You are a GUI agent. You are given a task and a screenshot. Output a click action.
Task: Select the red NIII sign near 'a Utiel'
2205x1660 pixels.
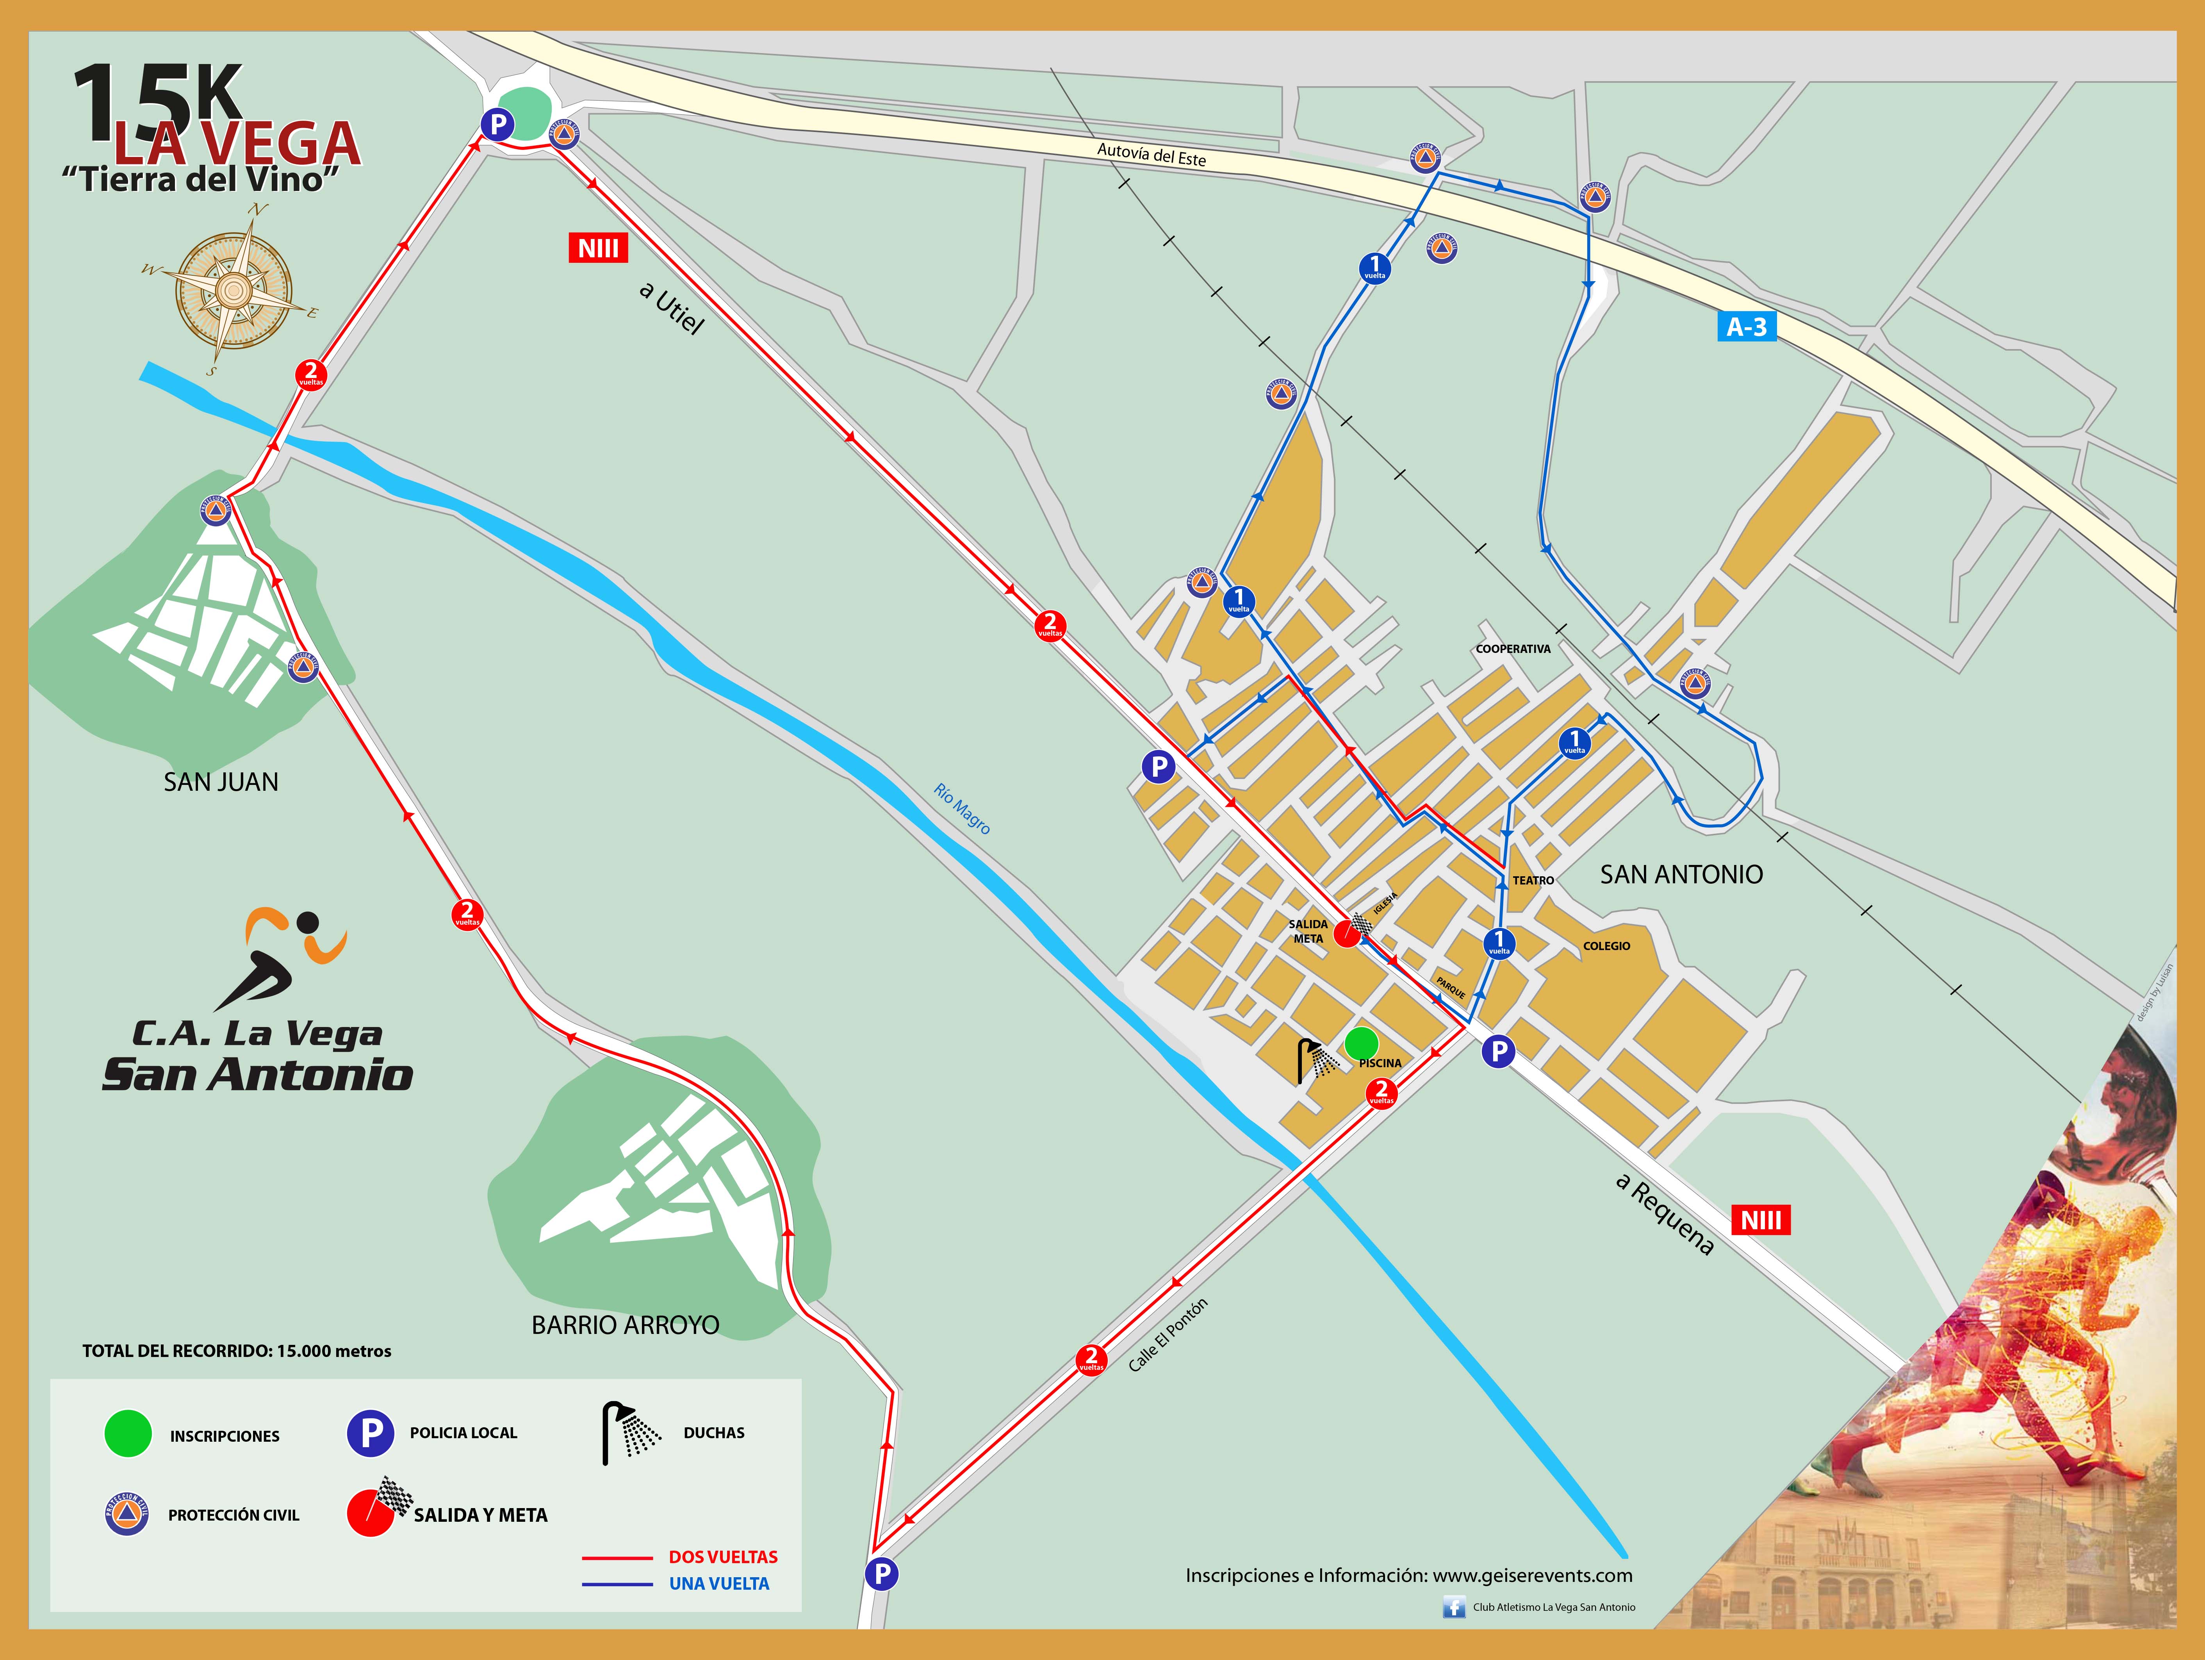(x=598, y=248)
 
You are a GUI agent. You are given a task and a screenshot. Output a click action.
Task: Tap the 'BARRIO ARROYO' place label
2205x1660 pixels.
(x=625, y=1325)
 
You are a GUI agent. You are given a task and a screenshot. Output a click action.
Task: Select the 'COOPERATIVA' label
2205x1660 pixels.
(x=1513, y=649)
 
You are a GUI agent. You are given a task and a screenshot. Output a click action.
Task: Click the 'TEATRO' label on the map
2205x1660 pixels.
(x=1533, y=880)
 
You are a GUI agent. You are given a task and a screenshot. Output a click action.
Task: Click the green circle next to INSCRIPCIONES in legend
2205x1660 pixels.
(x=128, y=1434)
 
